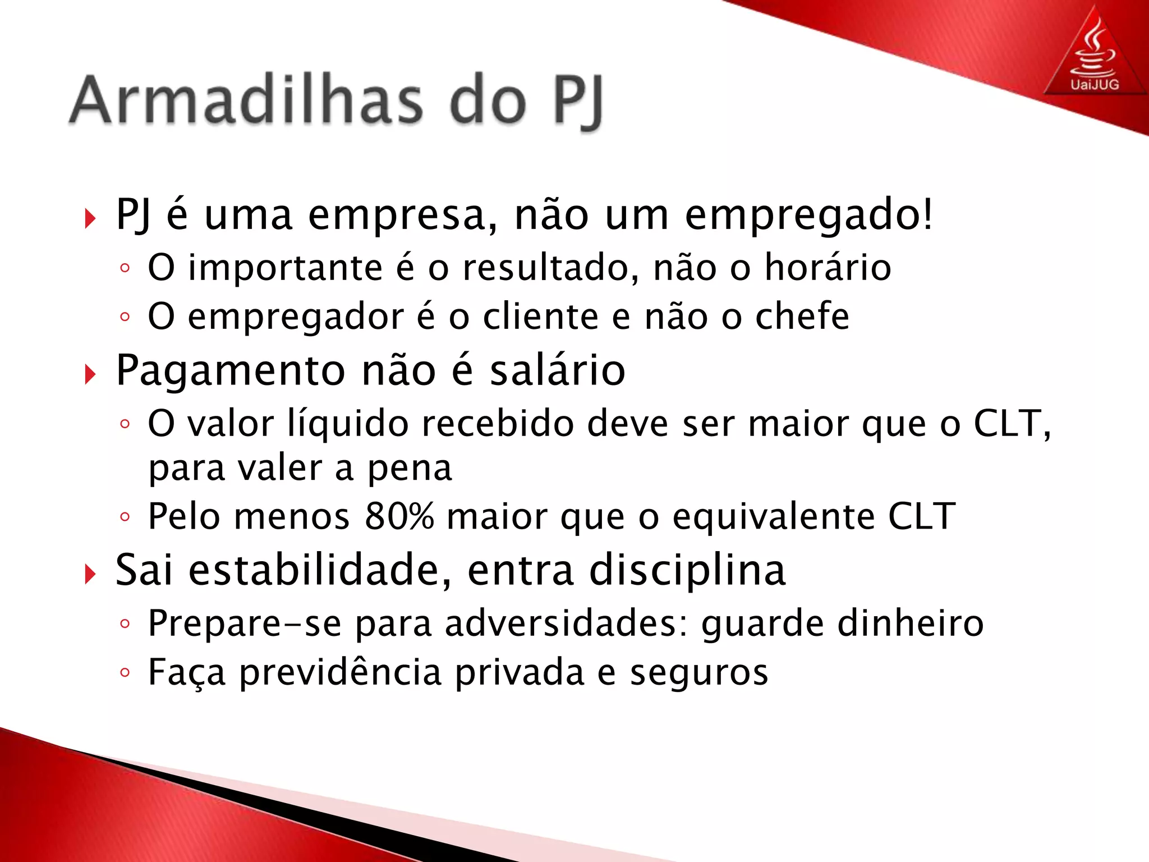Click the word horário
(x=828, y=268)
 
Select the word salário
(x=558, y=371)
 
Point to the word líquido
(x=348, y=423)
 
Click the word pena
(x=410, y=468)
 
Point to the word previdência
(x=341, y=672)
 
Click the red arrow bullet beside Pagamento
(x=90, y=374)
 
